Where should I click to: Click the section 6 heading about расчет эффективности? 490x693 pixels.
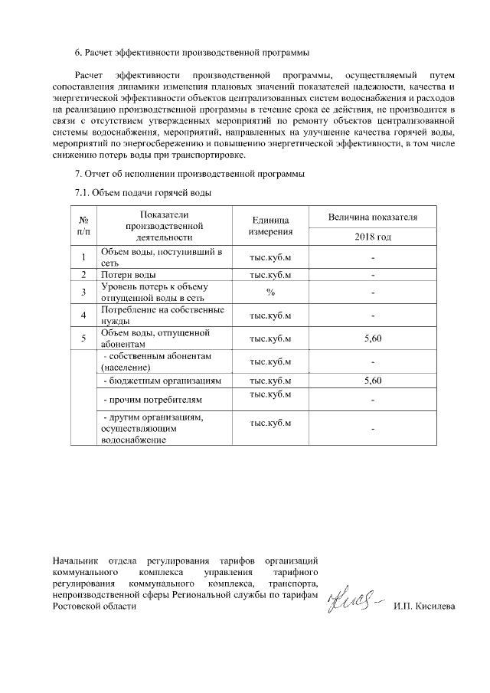192,53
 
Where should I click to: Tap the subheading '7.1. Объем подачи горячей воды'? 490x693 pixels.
142,192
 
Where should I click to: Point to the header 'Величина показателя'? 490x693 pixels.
372,217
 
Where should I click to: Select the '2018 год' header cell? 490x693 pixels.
372,237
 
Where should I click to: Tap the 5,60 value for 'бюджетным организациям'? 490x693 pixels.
372,380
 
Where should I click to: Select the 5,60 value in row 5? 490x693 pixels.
372,338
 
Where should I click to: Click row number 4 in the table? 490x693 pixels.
83,315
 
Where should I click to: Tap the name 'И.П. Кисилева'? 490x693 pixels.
423,606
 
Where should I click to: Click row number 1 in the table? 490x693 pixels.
83,257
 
